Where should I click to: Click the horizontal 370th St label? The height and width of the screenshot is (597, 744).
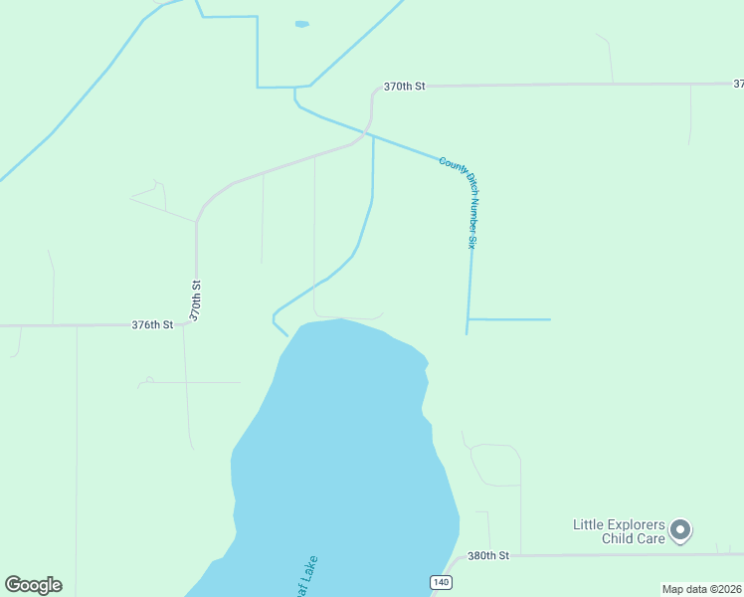tap(405, 87)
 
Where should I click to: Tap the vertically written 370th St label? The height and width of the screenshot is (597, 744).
tap(196, 298)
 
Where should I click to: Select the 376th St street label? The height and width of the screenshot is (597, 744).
tap(152, 324)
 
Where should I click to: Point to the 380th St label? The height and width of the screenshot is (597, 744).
tap(488, 555)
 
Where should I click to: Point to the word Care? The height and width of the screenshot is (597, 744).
tap(648, 539)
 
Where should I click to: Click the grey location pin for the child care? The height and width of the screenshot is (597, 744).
tap(680, 530)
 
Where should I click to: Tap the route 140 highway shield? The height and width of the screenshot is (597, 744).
tap(441, 581)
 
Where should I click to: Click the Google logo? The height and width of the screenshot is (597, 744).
tap(33, 585)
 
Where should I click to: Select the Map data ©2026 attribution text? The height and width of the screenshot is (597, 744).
tap(701, 589)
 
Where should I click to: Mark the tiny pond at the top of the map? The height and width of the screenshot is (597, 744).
tap(301, 24)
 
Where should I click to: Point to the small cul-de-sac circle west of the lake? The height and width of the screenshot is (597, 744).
tap(149, 379)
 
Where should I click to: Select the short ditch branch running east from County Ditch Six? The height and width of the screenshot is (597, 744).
tap(509, 319)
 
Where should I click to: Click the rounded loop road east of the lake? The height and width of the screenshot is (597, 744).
tap(495, 465)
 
